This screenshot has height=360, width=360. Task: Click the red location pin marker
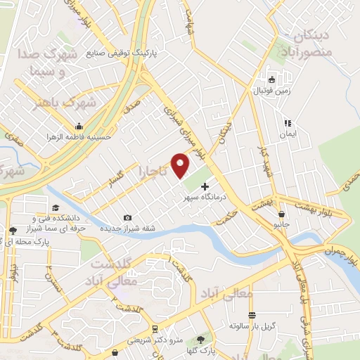pos(181,165)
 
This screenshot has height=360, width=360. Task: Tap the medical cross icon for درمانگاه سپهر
pos(205,187)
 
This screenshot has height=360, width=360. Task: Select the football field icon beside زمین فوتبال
pos(272,79)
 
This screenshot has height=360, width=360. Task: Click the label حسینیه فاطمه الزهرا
pos(79,137)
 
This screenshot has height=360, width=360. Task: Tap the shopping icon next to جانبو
pos(282,214)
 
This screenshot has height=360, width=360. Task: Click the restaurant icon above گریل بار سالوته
pos(252,315)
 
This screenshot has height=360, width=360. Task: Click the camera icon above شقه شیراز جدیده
pos(127,218)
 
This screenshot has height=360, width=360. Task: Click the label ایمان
pos(288,134)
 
